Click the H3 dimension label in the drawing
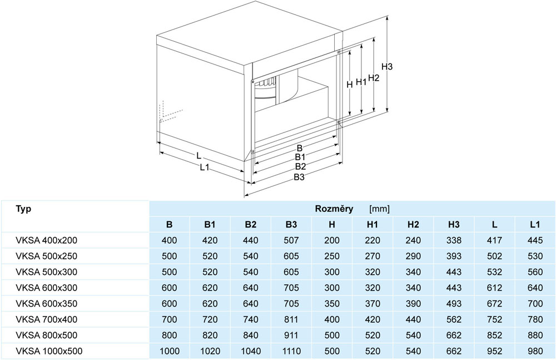tap(387, 66)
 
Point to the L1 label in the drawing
tap(205, 167)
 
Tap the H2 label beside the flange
tap(374, 77)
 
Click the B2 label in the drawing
tap(300, 166)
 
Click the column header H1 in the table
tap(373, 224)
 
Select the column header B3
tap(291, 224)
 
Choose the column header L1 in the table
tap(535, 224)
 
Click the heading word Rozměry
tap(334, 209)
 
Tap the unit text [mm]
tap(379, 209)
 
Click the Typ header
tap(23, 209)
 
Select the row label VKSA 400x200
tap(47, 240)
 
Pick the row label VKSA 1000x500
tap(49, 351)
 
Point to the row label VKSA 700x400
tap(47, 319)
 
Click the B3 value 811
tap(291, 319)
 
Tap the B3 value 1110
tap(291, 351)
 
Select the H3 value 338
tap(454, 240)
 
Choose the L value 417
tap(494, 240)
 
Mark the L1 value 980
tap(535, 351)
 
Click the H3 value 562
tap(454, 319)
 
